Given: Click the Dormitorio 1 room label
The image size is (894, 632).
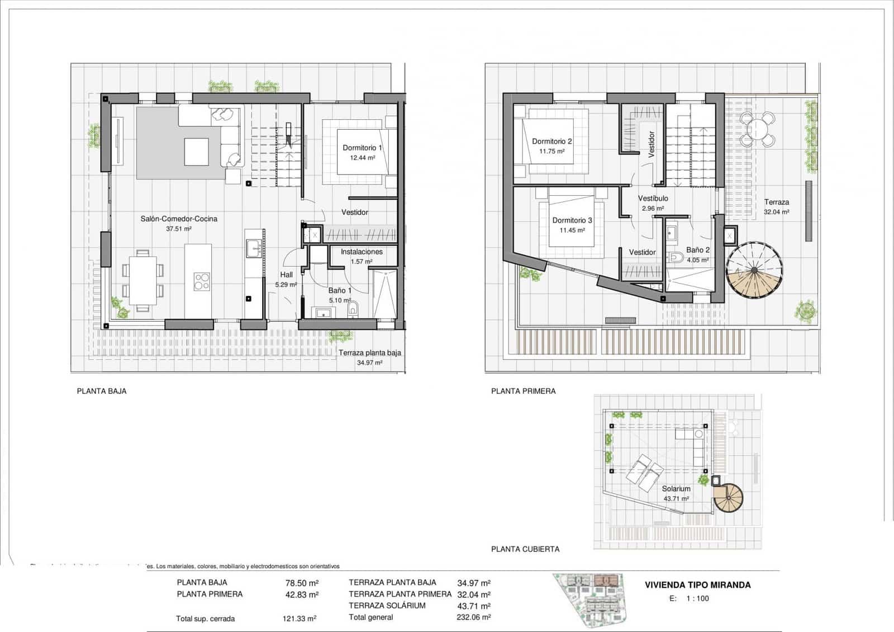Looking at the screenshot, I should (362, 148).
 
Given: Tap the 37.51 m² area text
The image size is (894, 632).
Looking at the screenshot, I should (179, 229).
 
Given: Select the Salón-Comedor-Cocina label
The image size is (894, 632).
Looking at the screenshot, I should (179, 219).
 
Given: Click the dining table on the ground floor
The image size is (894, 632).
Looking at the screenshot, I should (142, 280).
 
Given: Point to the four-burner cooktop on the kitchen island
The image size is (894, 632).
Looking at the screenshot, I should (202, 281).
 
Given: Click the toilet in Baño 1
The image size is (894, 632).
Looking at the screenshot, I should (353, 308).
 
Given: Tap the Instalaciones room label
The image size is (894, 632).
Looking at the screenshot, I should (362, 252).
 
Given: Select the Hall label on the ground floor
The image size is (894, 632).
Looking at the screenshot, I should (286, 275).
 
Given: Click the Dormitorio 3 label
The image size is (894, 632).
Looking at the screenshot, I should (572, 220).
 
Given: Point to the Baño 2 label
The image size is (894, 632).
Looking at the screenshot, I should (698, 250).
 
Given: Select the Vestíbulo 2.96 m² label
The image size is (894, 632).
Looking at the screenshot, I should (653, 203).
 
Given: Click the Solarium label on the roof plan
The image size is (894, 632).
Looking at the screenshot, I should (676, 488).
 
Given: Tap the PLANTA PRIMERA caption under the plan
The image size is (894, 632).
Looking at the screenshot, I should (523, 392).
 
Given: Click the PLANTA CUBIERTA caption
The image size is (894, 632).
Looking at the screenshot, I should (525, 549).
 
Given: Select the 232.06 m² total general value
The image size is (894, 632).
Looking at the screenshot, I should (473, 617).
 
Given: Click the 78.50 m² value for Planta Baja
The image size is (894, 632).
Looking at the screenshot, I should (302, 583).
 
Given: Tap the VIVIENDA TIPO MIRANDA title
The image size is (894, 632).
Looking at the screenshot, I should (697, 585).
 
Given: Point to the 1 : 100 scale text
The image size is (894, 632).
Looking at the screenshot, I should (697, 598).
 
